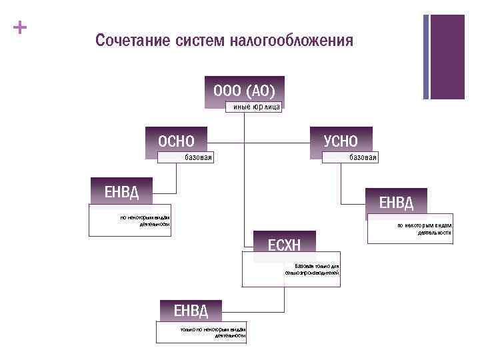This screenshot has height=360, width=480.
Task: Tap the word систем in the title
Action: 201,41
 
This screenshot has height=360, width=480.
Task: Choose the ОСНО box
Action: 176,141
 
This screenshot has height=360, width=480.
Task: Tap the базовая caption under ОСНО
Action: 199,157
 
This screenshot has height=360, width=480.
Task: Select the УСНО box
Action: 341,141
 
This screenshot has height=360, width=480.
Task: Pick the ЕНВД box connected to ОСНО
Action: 121,192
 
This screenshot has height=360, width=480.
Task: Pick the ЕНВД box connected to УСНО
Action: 396,202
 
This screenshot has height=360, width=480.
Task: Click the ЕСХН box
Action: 284,245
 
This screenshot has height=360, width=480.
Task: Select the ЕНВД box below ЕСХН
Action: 191,310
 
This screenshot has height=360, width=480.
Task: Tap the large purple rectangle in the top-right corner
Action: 447,57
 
